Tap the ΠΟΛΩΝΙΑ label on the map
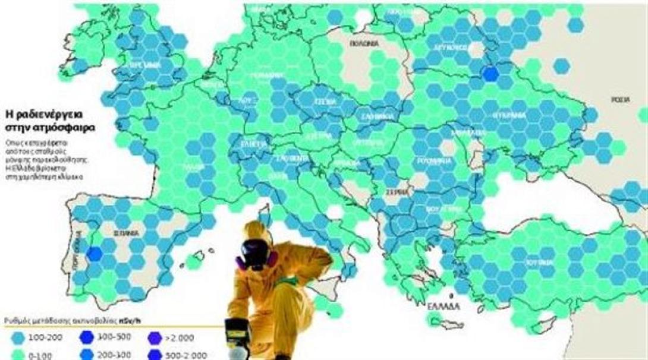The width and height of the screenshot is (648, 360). tap(363, 44)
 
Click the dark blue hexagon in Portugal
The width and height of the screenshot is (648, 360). tap(95, 254)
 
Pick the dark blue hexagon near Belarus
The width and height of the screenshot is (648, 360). tap(490, 74)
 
